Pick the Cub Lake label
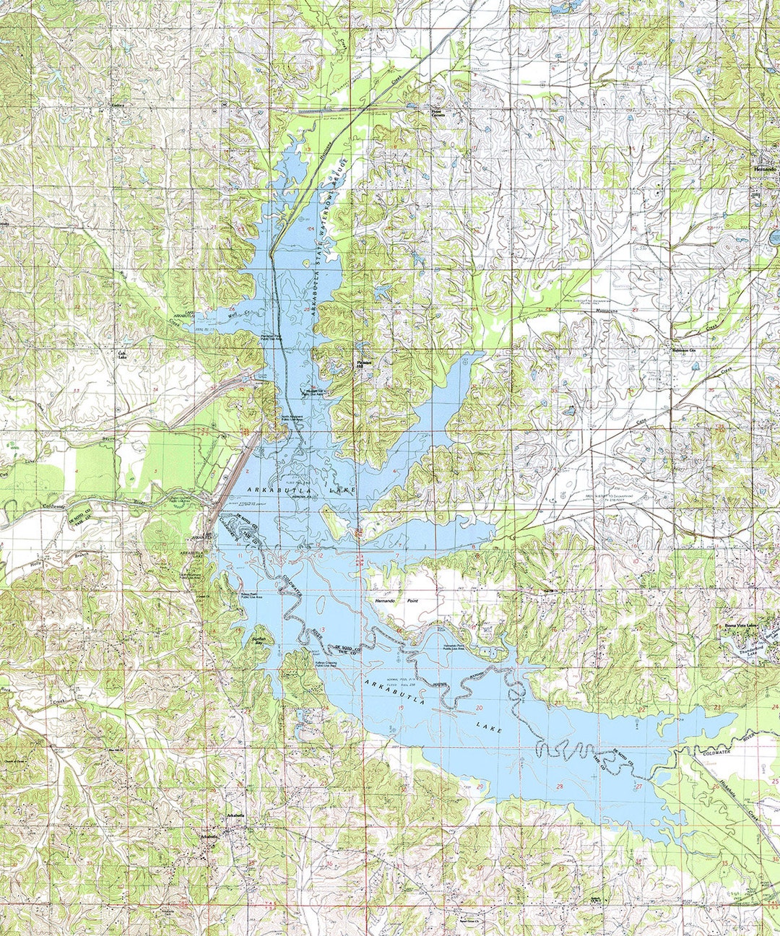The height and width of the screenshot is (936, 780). point(123,354)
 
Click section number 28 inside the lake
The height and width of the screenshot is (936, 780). point(559,786)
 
